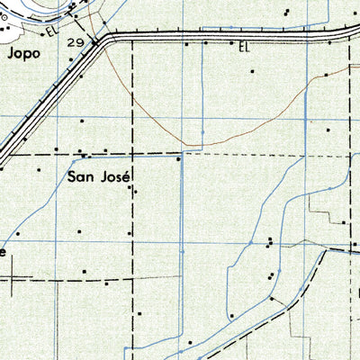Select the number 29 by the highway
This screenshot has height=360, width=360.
click(x=76, y=42)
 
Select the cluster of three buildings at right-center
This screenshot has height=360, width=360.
click(x=269, y=241)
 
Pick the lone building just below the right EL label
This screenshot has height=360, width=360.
click(x=253, y=71)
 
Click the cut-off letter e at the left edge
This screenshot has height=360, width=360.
click(x=3, y=253)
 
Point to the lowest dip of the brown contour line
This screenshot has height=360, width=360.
click(x=191, y=144)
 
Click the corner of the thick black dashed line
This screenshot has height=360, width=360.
click(x=327, y=250)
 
